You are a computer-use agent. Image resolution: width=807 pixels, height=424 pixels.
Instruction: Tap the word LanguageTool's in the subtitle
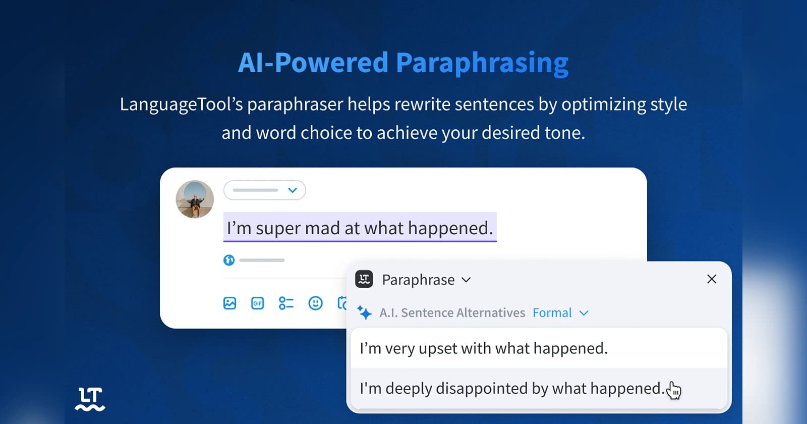[x=181, y=104]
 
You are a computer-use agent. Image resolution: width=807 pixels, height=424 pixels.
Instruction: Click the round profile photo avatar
[x=195, y=199]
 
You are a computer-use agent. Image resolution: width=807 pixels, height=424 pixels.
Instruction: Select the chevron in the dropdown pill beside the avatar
[x=292, y=190]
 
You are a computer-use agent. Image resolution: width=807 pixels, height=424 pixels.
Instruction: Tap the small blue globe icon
[x=229, y=260]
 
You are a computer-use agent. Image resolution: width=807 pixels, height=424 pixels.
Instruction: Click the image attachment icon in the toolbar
[x=229, y=303]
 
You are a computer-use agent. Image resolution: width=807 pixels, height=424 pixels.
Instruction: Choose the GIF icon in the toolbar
[x=257, y=303]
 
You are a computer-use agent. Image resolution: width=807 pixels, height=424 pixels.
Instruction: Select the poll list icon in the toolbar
[x=286, y=303]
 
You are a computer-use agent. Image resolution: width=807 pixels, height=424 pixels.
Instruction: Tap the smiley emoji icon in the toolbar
[x=315, y=303]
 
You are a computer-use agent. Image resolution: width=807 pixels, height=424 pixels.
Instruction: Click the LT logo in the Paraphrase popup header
[x=364, y=279]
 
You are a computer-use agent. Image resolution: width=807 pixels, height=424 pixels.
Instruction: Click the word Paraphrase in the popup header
[x=418, y=280]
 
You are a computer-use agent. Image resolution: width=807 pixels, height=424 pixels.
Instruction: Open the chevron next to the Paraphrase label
[x=466, y=280]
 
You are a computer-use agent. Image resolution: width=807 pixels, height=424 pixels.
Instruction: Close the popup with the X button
[x=712, y=279]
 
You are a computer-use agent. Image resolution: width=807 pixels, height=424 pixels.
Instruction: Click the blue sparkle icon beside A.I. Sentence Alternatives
[x=364, y=312]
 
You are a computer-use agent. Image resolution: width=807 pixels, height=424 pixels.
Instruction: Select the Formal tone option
[x=552, y=313]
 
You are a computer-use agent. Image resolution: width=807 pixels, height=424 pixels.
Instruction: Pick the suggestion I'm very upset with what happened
[x=484, y=348]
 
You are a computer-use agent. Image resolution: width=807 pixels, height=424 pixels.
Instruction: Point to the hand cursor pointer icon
[x=673, y=390]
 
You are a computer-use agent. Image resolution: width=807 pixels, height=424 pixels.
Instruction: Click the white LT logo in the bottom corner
[x=90, y=399]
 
